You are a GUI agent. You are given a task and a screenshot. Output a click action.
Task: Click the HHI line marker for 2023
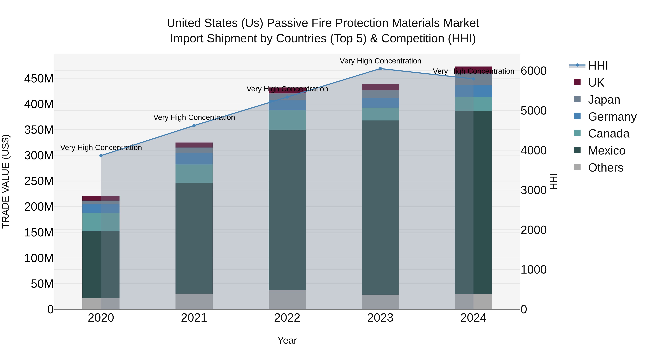380,68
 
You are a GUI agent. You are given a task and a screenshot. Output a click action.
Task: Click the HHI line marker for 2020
101,156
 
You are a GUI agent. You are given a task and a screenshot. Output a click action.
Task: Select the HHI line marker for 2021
194,125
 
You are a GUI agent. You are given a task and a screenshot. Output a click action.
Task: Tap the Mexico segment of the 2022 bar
287,210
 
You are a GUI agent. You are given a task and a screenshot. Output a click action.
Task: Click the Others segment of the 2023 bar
380,302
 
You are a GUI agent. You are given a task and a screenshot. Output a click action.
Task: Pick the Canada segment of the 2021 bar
194,174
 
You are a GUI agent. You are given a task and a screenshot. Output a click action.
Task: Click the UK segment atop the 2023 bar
380,87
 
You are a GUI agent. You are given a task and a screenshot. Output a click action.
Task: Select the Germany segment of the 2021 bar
194,159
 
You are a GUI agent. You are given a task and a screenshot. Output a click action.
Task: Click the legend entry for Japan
604,100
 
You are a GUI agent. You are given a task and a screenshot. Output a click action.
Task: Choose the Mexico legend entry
606,151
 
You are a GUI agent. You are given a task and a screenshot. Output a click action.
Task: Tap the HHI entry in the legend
598,66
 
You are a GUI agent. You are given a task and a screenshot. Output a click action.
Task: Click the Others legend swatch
577,167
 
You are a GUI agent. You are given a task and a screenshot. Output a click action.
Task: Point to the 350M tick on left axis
39,130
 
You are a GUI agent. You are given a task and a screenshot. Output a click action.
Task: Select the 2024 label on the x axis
473,318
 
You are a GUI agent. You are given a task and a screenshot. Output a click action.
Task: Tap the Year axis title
287,340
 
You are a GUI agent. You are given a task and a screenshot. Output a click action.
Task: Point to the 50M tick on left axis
42,284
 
